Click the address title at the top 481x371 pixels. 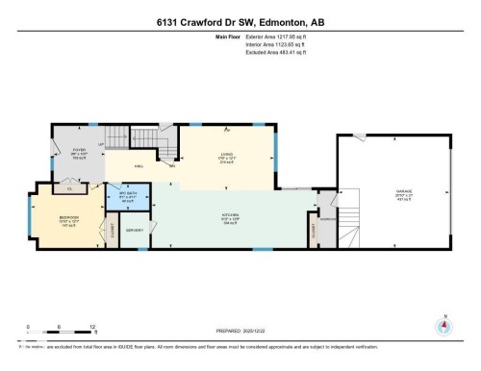click(240, 20)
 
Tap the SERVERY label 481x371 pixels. click(134, 231)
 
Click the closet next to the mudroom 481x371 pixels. click(318, 231)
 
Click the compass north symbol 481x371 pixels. click(443, 324)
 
